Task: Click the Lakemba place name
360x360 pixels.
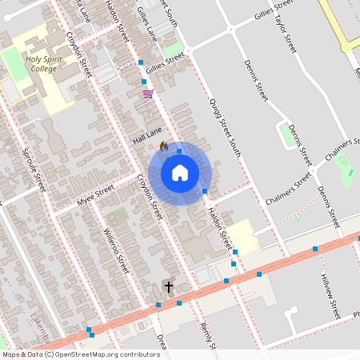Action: pyautogui.click(x=40, y=321)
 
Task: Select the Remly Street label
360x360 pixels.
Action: pyautogui.click(x=210, y=341)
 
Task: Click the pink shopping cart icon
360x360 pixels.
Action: pyautogui.click(x=148, y=94)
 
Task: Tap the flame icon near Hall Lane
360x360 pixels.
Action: pyautogui.click(x=163, y=146)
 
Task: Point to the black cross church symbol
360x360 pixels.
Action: pyautogui.click(x=169, y=286)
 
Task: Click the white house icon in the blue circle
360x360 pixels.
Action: pyautogui.click(x=179, y=173)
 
